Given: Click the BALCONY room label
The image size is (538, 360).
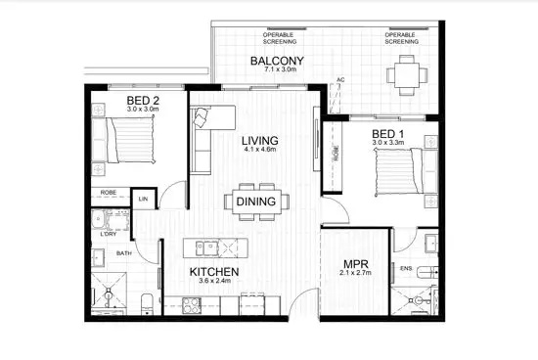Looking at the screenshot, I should click(277, 61).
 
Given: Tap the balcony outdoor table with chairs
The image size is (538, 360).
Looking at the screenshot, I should click(403, 73).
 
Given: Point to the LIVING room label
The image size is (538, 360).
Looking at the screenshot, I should click(261, 141).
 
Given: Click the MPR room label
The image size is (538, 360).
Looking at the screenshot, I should click(354, 264).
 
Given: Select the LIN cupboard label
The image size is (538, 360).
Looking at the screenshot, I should click(143, 199).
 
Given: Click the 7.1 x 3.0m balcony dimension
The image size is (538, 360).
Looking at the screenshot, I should click(277, 72).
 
